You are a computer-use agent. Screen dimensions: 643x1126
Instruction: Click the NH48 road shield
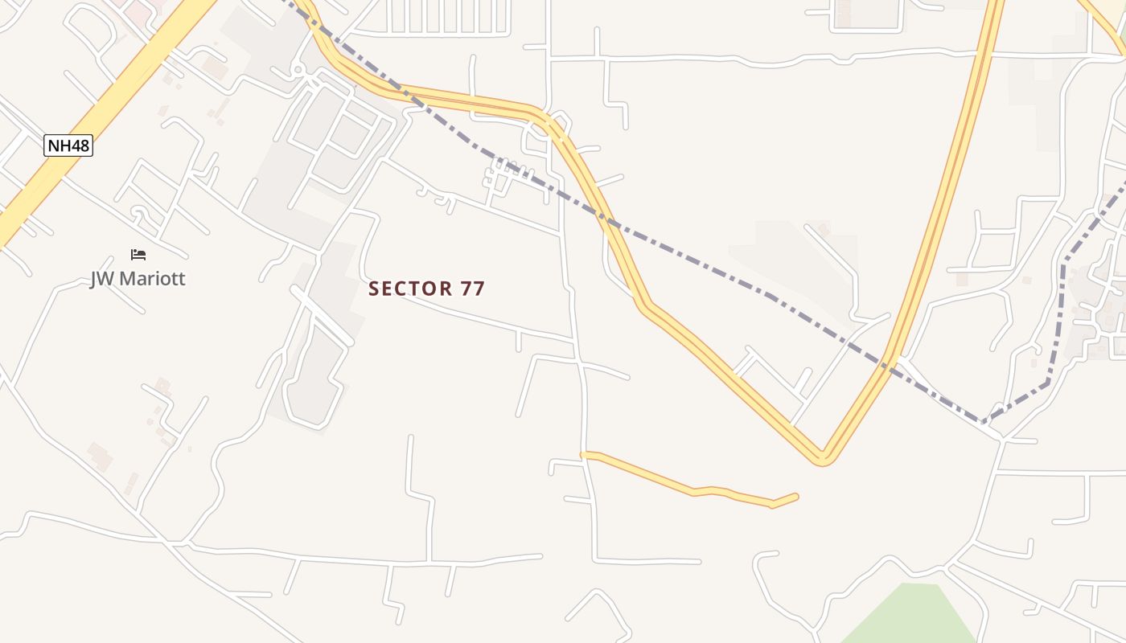coord(68,145)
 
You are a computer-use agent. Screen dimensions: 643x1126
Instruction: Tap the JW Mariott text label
coord(138,279)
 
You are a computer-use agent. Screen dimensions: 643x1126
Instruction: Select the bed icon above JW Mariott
coord(138,255)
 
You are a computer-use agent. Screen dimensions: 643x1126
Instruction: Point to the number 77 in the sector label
coord(473,289)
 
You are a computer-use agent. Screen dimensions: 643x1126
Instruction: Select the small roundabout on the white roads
coord(298,71)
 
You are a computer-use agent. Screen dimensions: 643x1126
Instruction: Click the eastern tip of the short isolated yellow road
coord(795,497)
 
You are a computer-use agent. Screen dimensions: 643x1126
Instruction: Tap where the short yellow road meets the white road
coord(585,455)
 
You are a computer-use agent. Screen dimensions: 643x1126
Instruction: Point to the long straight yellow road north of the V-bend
coord(949,185)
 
